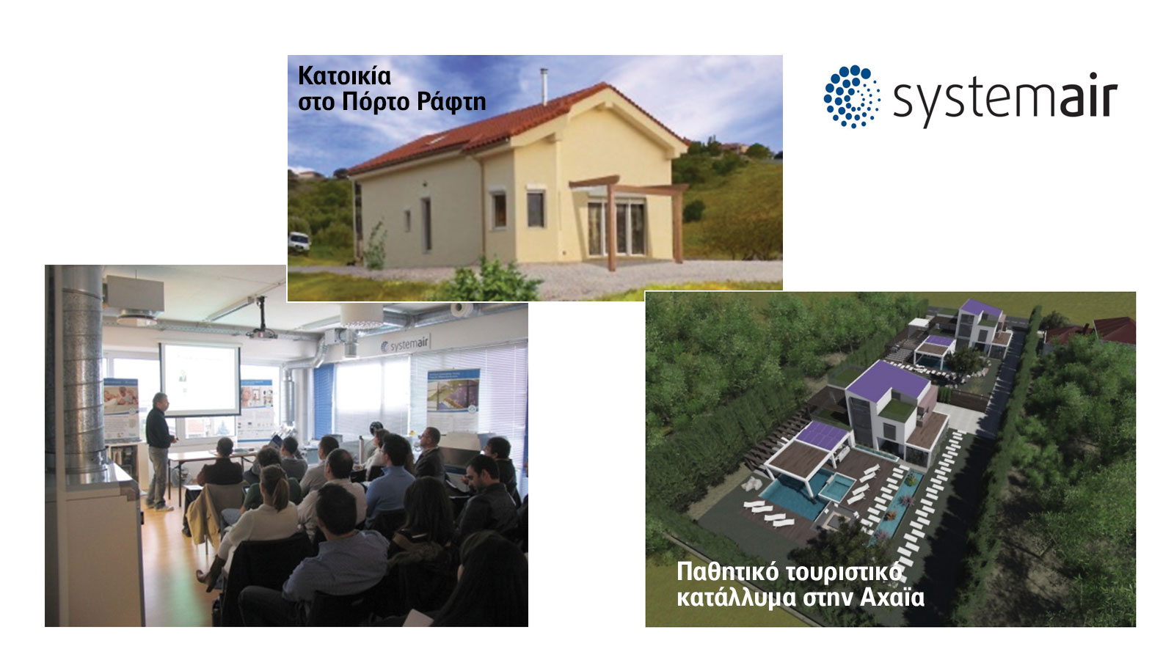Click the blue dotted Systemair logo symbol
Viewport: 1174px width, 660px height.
tap(852, 96)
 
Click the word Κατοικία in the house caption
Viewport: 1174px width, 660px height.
tap(344, 76)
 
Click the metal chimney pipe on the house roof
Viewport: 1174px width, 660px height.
tap(544, 87)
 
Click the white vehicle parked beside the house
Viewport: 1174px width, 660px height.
tap(299, 241)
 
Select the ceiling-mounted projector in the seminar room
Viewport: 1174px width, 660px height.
tap(261, 331)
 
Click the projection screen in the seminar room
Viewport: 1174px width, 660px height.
tap(200, 380)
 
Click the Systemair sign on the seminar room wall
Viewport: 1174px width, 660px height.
tap(404, 344)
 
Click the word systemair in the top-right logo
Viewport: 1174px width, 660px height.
tap(1005, 100)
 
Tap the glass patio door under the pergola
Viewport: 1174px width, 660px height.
tap(616, 229)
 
